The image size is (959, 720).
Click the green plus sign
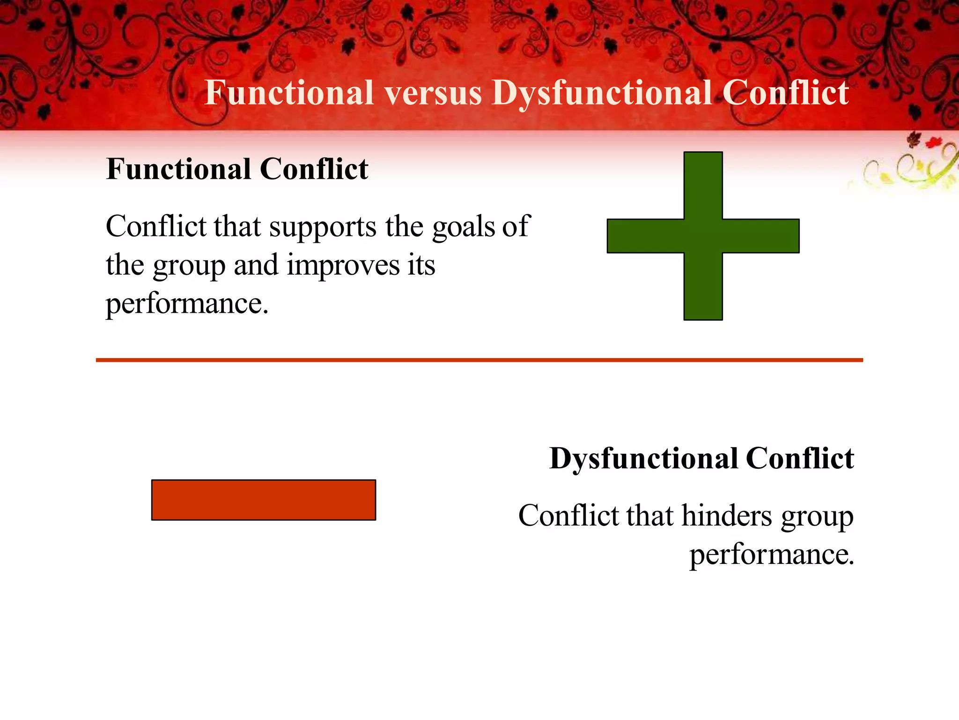703,236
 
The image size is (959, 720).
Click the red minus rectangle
264,500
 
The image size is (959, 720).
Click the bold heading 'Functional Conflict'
237,169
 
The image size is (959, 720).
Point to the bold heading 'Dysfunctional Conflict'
701,458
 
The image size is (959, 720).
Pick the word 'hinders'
726,516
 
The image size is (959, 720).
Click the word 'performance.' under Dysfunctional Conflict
772,555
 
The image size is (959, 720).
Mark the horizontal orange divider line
479,360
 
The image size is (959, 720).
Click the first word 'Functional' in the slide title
289,92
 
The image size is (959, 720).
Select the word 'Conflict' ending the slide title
785,92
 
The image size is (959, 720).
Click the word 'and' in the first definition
256,265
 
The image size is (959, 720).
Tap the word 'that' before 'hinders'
649,516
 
